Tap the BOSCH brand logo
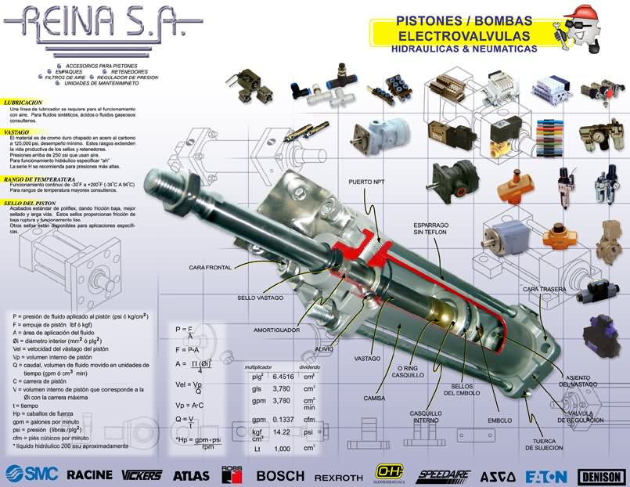280,474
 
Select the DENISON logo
602,475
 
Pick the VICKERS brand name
141,474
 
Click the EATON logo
545,474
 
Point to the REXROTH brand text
339,476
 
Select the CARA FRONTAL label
210,268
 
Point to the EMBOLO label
499,420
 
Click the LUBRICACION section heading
23,103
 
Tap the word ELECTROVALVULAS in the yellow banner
464,36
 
